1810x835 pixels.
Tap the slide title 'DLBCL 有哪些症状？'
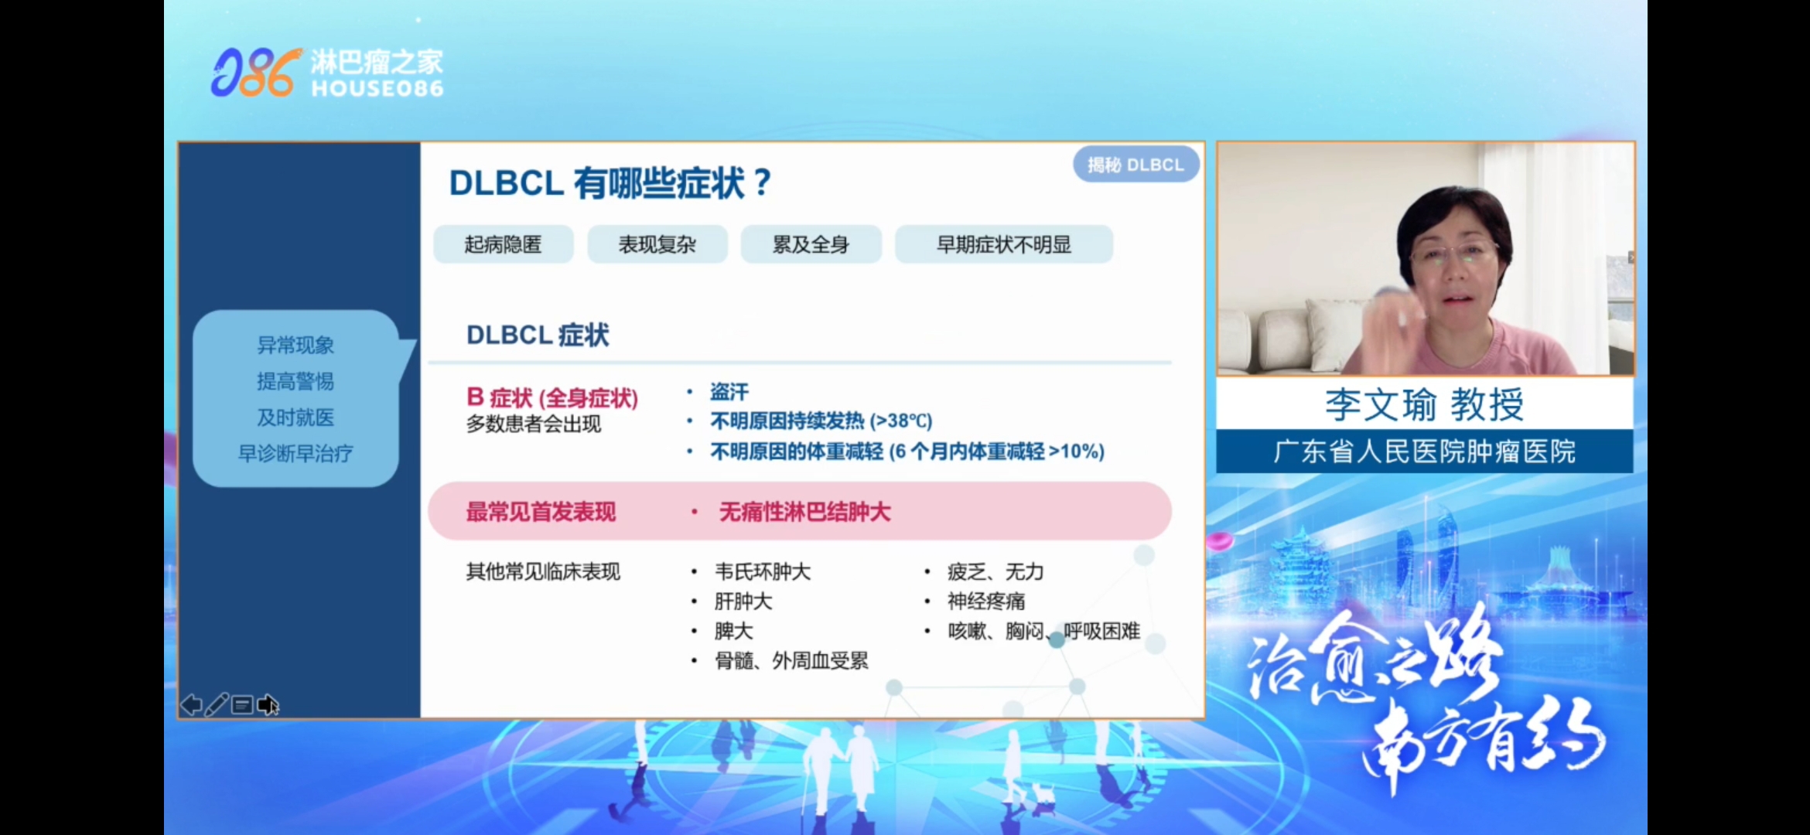click(x=610, y=183)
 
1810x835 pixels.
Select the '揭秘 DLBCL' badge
click(x=1136, y=165)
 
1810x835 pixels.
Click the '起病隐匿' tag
click(x=503, y=244)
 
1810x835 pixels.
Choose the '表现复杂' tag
click(x=657, y=244)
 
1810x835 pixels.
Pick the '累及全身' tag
click(x=811, y=244)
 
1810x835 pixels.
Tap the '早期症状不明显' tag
click(x=1004, y=244)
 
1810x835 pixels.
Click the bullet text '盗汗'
click(x=729, y=392)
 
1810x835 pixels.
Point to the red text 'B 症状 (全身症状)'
click(x=552, y=397)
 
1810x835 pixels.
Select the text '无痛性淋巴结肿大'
click(x=804, y=512)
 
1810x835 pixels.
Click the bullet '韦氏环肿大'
click(x=763, y=571)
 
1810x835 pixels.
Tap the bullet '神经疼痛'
click(x=986, y=601)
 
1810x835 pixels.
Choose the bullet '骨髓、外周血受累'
click(x=791, y=660)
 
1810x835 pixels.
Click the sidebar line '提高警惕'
click(x=295, y=381)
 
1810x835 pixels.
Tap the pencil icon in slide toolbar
click(x=217, y=704)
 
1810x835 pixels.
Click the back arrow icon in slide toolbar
click(x=191, y=705)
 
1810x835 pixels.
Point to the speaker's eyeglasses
click(x=1454, y=252)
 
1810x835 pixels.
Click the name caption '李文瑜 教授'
click(x=1424, y=404)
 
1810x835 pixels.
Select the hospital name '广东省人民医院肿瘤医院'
click(x=1424, y=452)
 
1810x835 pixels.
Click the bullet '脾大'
click(x=733, y=631)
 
